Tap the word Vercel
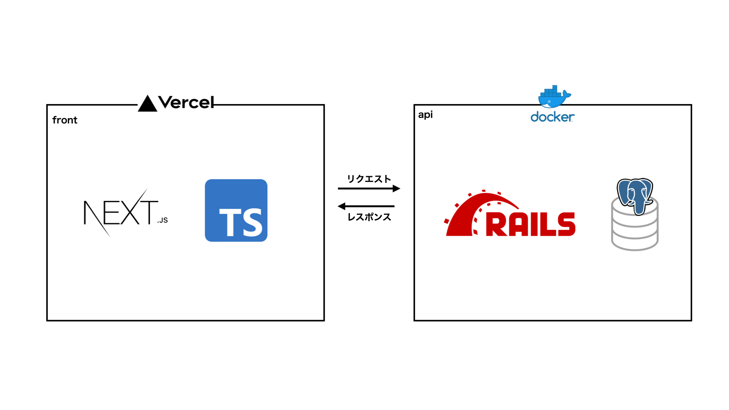(x=186, y=102)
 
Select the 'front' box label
(x=65, y=120)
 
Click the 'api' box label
(x=425, y=115)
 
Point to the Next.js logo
(x=126, y=213)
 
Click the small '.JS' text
(x=163, y=220)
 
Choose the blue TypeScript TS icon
(x=236, y=210)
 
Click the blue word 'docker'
(x=552, y=117)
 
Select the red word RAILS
(x=531, y=224)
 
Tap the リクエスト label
(x=369, y=179)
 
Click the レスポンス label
(x=369, y=217)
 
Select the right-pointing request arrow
(x=369, y=188)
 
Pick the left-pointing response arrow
(x=366, y=206)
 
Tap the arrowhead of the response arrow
(x=341, y=206)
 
